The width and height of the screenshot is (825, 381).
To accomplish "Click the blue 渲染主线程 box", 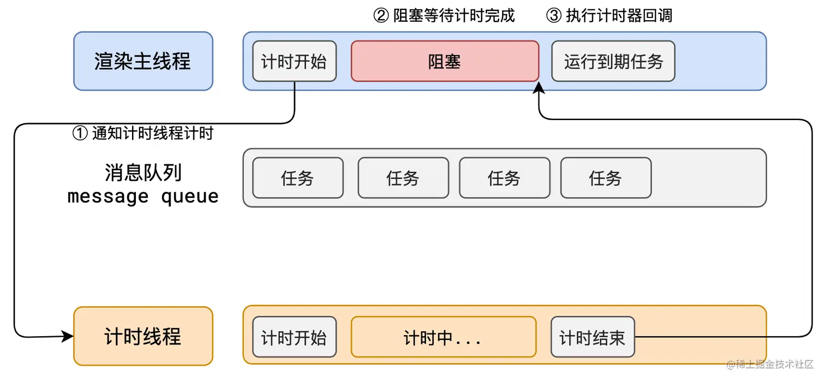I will [x=143, y=61].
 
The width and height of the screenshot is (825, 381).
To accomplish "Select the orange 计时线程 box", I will [x=143, y=336].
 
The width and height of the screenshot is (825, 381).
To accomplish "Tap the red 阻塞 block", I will [x=445, y=61].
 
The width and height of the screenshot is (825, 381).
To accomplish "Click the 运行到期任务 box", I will [x=613, y=61].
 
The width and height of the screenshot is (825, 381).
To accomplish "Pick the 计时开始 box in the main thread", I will [x=294, y=61].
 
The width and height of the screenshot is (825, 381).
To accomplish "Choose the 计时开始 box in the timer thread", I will [x=294, y=337].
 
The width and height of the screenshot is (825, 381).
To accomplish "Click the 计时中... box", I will [x=443, y=337].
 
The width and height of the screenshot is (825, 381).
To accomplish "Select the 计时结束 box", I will [x=593, y=337].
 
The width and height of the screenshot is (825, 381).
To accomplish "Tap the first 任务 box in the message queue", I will [x=298, y=177].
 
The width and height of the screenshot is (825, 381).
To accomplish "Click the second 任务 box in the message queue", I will [x=403, y=177].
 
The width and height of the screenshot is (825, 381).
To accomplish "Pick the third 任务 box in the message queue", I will [x=505, y=177].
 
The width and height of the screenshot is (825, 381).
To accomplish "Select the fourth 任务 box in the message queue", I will [x=606, y=177].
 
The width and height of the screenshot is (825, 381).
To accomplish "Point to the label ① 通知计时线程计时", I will [x=142, y=133].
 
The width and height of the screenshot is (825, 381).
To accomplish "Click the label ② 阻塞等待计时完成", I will [x=444, y=15].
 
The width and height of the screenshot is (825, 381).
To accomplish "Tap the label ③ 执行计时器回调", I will [x=609, y=15].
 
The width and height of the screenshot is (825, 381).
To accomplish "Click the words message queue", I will [x=143, y=196].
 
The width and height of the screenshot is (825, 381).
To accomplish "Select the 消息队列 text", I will [x=143, y=172].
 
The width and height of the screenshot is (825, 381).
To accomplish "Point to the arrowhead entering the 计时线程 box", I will [x=68, y=336].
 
